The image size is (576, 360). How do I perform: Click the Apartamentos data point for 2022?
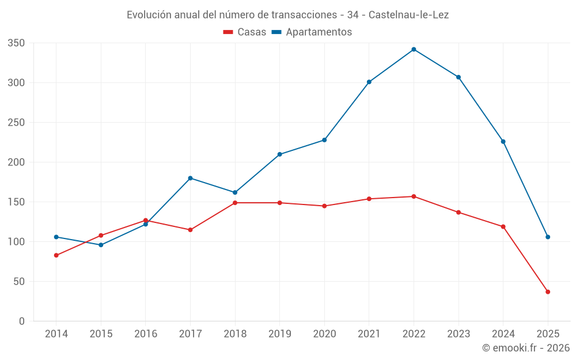[414, 50]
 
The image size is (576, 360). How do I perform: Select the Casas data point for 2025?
[548, 292]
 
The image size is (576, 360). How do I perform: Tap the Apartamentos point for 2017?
[190, 178]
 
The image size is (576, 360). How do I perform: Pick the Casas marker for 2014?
[56, 255]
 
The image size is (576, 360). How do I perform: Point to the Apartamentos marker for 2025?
[548, 237]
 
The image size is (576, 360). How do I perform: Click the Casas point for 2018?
[235, 203]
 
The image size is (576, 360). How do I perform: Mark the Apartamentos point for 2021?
[369, 82]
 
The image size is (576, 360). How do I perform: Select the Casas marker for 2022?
[414, 196]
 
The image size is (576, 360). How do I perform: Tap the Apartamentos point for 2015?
[101, 245]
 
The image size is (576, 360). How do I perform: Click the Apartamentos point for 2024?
[503, 142]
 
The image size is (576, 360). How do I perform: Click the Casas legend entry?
[245, 32]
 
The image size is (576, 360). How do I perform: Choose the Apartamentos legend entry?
[312, 32]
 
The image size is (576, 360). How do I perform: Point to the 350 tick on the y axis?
[17, 43]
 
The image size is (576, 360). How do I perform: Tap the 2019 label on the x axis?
[279, 334]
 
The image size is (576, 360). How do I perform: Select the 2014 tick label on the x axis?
[56, 334]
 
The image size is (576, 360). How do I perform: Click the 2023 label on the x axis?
[458, 334]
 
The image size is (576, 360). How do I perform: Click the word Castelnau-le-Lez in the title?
[408, 15]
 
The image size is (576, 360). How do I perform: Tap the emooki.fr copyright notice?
[525, 348]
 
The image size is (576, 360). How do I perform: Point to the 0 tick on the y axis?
[22, 321]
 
